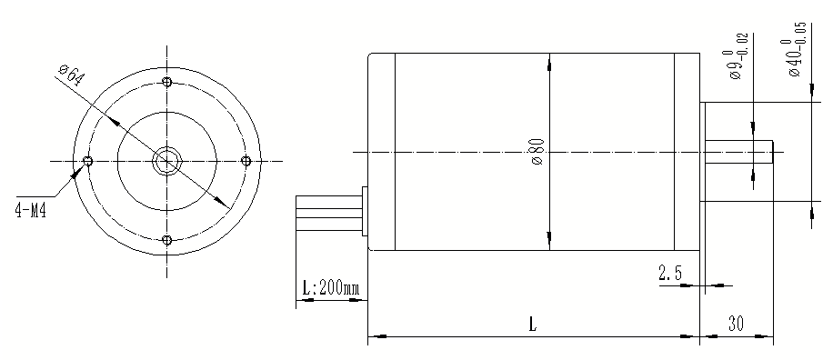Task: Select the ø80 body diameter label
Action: tap(537, 151)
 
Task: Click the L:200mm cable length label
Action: tap(330, 289)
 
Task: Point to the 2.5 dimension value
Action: tap(671, 272)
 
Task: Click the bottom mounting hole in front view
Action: tap(166, 240)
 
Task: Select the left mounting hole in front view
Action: tap(87, 162)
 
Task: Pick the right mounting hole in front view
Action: tap(246, 162)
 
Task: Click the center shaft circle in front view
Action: tap(166, 162)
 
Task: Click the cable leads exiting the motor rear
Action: tap(327, 211)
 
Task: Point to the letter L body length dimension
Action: tap(532, 324)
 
